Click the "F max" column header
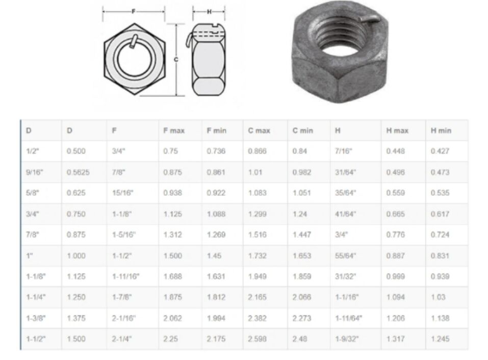pyautogui.click(x=174, y=131)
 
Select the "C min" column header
pyautogui.click(x=302, y=131)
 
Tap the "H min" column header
pyautogui.click(x=441, y=131)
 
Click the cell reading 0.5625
pyautogui.click(x=78, y=172)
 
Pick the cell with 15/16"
pyautogui.click(x=122, y=193)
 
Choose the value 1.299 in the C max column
pyautogui.click(x=258, y=214)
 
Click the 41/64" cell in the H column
pyautogui.click(x=345, y=214)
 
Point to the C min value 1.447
pyautogui.click(x=301, y=235)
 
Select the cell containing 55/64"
pyautogui.click(x=345, y=256)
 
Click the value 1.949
pyautogui.click(x=258, y=276)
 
